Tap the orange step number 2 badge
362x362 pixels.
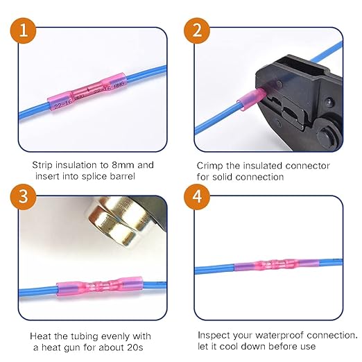(196, 31)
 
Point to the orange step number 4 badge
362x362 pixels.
(196, 196)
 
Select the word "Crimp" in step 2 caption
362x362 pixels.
(210, 165)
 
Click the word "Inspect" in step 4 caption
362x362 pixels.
(214, 334)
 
